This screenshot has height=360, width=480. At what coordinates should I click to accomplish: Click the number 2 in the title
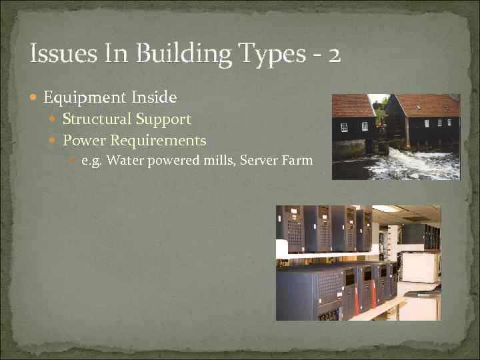pyautogui.click(x=333, y=54)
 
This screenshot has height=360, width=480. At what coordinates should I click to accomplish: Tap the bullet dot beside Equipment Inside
pyautogui.click(x=35, y=99)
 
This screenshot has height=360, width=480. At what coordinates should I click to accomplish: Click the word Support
pyautogui.click(x=163, y=120)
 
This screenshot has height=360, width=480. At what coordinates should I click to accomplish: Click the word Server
pyautogui.click(x=257, y=160)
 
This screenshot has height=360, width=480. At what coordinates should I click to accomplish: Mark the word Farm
pyautogui.click(x=297, y=160)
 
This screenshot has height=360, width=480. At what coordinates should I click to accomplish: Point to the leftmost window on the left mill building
pyautogui.click(x=344, y=127)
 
